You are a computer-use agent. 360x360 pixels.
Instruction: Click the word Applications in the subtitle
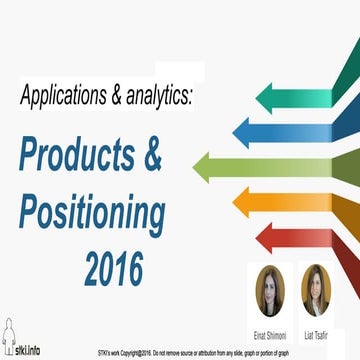tap(64, 97)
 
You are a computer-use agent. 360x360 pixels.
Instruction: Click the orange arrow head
tap(246, 202)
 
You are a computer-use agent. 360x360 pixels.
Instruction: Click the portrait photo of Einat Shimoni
tap(270, 289)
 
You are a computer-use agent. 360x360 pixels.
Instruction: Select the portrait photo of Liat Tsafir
tap(315, 289)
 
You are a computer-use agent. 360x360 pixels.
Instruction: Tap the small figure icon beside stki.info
tap(8, 338)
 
